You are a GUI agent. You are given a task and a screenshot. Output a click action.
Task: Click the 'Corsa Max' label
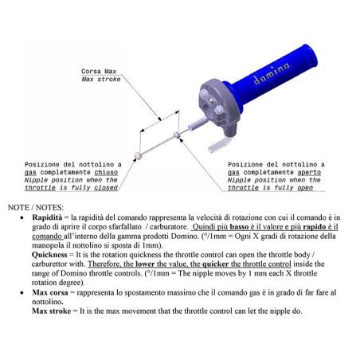99,72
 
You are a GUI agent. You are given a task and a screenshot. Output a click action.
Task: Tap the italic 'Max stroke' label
101,79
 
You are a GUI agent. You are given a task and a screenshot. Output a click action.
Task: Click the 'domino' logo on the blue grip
271,73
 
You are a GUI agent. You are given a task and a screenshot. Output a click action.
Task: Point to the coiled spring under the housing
218,145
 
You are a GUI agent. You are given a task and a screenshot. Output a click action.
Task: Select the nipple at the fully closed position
138,155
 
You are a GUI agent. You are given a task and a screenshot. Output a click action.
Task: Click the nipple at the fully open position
177,135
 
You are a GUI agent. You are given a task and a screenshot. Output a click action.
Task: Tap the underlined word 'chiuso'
106,172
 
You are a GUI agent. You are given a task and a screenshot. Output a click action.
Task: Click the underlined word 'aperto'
309,172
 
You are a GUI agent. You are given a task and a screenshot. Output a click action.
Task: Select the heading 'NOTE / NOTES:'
36,207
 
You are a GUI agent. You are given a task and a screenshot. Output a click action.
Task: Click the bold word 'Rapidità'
47,217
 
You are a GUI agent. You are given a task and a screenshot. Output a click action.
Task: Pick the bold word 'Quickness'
49,255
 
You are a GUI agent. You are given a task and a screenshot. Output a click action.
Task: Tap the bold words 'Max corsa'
50,292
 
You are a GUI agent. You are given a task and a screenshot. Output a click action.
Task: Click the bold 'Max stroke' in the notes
52,311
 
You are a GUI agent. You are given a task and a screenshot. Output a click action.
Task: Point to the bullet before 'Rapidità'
22,218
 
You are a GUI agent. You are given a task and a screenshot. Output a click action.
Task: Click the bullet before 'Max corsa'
22,293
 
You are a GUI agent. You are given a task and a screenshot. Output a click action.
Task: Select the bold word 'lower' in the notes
145,264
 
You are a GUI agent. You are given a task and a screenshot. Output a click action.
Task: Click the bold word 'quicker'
215,264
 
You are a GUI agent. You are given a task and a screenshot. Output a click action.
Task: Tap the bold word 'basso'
239,227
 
